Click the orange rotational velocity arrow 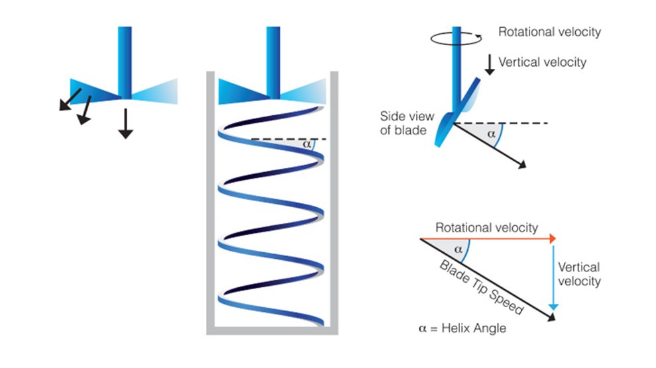(487, 238)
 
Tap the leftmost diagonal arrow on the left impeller (69, 98)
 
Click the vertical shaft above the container (273, 50)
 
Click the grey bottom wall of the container (272, 329)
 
